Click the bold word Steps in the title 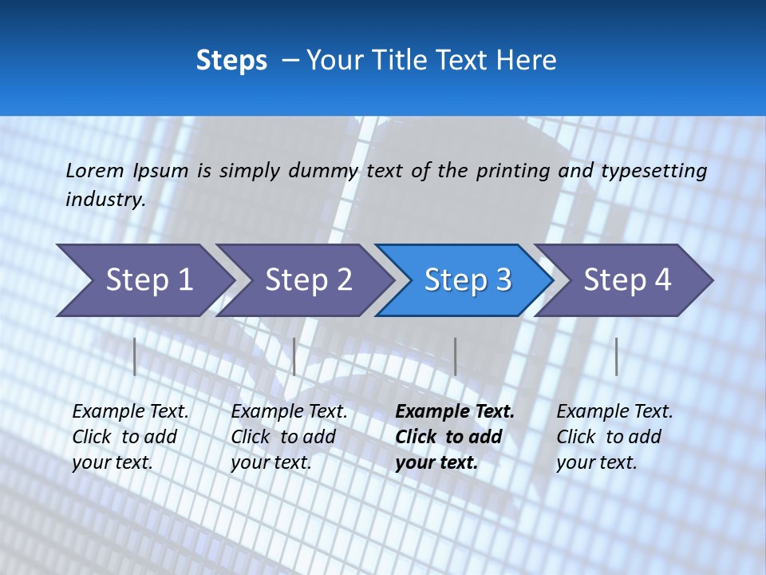(231, 61)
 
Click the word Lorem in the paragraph (95, 170)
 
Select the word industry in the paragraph (105, 199)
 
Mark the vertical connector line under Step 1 (135, 356)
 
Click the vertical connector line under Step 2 (294, 356)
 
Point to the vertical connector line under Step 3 (455, 356)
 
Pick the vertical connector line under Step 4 (616, 356)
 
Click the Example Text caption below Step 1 (130, 436)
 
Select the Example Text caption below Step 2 (289, 436)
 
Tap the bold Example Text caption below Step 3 (455, 436)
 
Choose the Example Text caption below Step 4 (614, 436)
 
